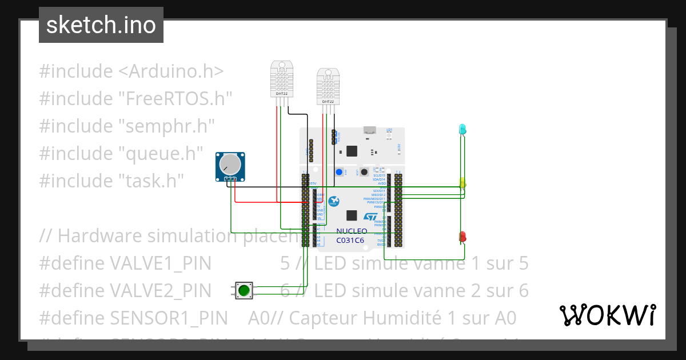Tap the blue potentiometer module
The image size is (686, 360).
(x=230, y=166)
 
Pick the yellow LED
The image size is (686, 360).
(x=462, y=183)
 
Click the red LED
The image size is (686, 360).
(x=462, y=236)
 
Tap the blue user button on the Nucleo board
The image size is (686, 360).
(x=340, y=172)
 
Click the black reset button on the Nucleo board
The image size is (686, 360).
(x=363, y=172)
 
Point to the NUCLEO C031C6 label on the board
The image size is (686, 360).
(x=350, y=235)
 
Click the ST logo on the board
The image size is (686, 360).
(x=370, y=217)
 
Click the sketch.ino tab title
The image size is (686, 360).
(x=101, y=25)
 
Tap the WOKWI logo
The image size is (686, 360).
(x=607, y=315)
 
